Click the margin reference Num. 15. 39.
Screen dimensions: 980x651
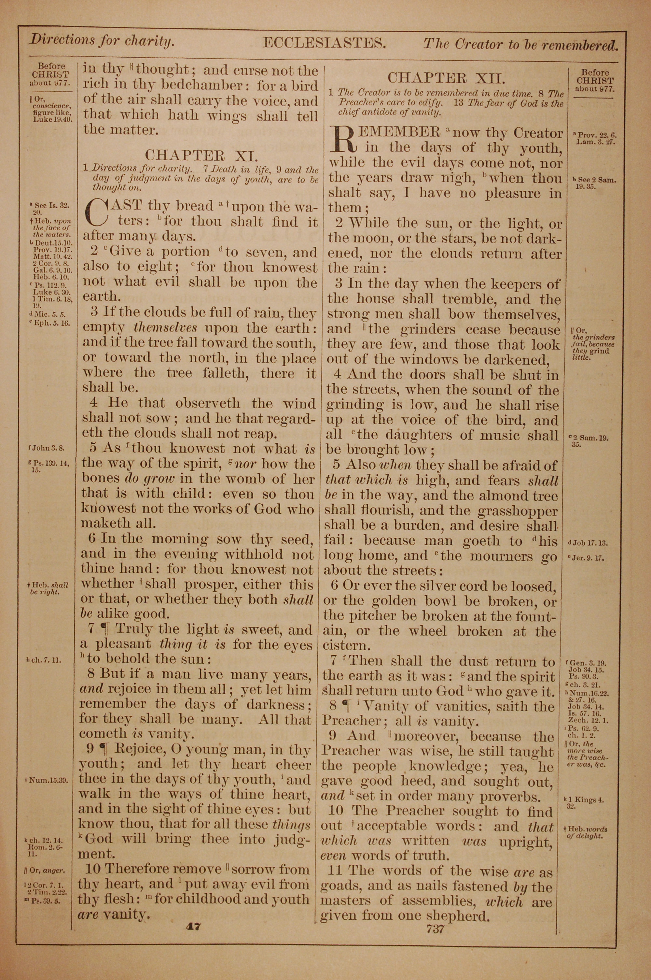tap(47, 779)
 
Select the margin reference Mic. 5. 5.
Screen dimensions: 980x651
tap(47, 314)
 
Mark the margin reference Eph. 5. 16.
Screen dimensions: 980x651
tap(47, 322)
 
